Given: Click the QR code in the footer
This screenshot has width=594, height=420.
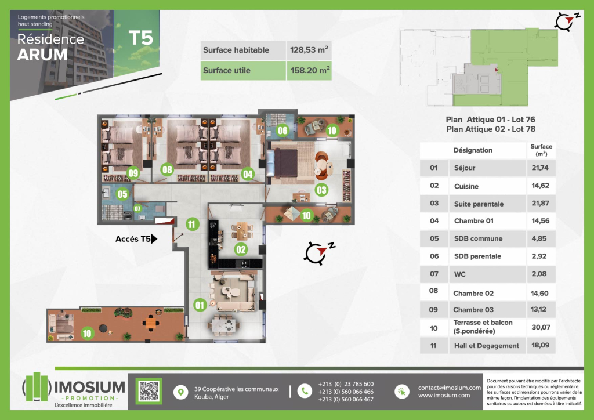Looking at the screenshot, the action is (149, 391).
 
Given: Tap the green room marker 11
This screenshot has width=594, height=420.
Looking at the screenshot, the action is (192, 224).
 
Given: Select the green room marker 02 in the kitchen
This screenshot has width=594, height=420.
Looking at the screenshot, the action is (241, 249).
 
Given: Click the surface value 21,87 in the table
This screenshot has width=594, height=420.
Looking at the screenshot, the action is (540, 204).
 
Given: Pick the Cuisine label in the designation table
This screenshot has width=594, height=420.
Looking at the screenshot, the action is (466, 186).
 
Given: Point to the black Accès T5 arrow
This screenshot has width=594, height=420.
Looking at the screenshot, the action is (154, 238).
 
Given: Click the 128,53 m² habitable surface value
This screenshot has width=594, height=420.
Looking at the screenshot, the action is (309, 50).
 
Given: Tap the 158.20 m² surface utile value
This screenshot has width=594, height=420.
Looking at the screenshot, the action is (310, 70).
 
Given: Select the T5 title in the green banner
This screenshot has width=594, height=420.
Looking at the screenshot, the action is (140, 38).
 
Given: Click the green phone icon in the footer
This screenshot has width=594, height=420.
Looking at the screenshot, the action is (305, 391).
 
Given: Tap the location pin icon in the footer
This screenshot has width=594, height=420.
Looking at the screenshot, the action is (181, 392).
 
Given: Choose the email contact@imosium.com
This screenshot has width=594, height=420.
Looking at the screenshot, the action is (450, 388).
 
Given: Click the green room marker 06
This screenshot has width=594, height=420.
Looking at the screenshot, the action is (282, 131).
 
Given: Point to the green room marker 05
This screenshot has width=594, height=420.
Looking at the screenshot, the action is (122, 194).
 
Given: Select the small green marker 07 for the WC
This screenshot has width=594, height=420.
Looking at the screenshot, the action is (137, 209).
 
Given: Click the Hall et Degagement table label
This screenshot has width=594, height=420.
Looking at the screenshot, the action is (487, 346).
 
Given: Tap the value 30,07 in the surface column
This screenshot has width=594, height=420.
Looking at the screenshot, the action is (541, 327).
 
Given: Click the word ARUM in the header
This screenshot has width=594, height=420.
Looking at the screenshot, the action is (42, 55).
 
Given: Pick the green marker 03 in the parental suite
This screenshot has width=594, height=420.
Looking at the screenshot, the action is (321, 190).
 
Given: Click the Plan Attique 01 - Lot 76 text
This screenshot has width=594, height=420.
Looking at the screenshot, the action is (491, 120).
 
